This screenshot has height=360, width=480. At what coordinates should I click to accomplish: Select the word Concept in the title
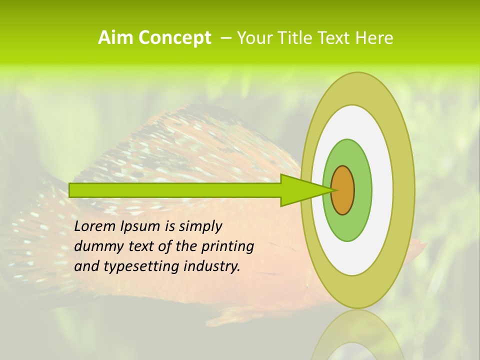[174, 38]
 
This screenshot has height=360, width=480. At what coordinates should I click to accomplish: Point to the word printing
[227, 247]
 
